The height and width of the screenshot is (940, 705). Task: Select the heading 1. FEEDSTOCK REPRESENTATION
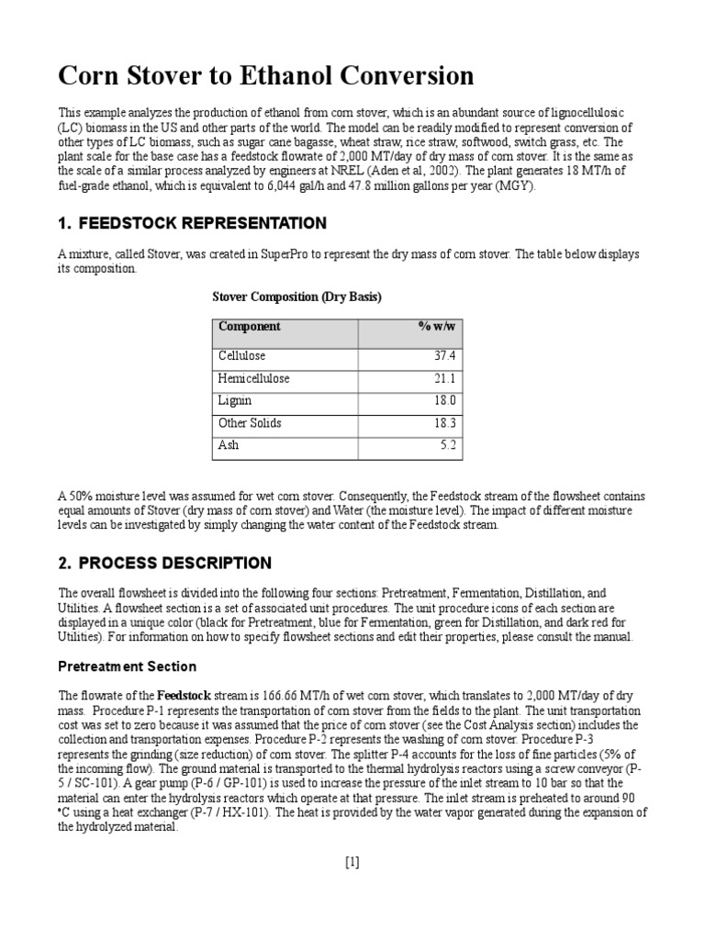[x=193, y=223]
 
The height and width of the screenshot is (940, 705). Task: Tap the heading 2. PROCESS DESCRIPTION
[x=165, y=563]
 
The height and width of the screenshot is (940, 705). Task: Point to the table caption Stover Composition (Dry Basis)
[x=297, y=297]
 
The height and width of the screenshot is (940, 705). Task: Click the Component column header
[x=250, y=327]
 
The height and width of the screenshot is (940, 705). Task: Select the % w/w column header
[x=437, y=327]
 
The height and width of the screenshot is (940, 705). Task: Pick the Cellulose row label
[x=241, y=356]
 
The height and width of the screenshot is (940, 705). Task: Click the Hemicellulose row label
[x=253, y=378]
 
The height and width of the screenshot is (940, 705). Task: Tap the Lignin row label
[x=235, y=401]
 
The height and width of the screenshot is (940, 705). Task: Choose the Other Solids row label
[x=251, y=423]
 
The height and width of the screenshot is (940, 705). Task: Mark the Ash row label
[x=228, y=446]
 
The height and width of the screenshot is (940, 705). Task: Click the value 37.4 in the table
[x=444, y=356]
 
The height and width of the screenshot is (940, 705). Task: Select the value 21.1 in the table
[x=445, y=378]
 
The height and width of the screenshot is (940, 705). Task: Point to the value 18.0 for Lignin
[x=444, y=401]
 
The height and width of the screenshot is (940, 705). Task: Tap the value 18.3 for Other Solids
[x=444, y=423]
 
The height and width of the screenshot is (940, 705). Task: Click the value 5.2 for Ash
[x=448, y=446]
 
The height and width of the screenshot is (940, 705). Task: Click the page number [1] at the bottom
[x=352, y=861]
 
